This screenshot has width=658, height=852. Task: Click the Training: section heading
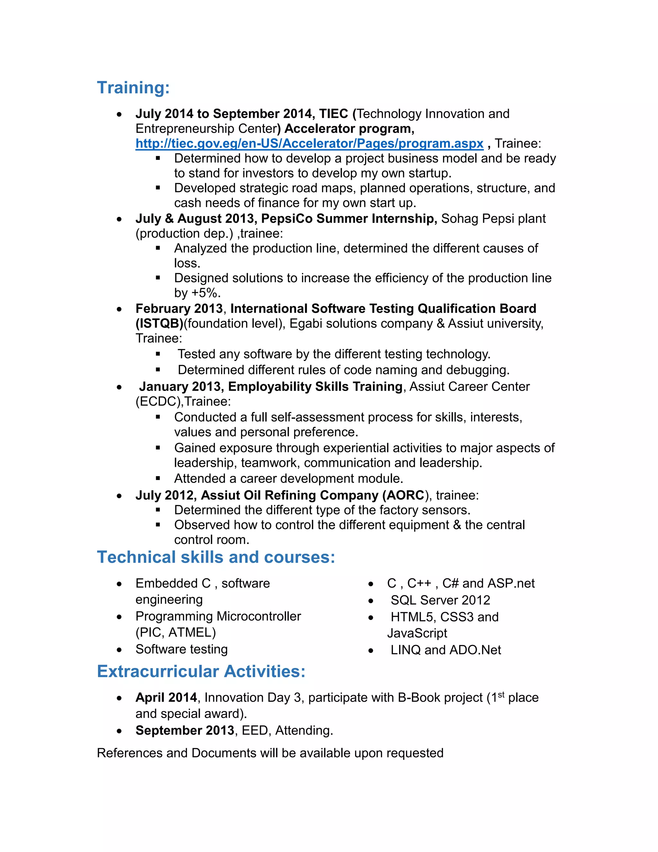(133, 88)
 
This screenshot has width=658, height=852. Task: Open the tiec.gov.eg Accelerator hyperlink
(309, 144)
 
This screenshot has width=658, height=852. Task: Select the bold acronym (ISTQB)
(159, 323)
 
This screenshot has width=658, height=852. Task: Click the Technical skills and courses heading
(216, 557)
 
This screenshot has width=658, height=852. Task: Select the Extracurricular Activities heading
(201, 671)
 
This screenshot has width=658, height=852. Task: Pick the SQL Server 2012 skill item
(440, 600)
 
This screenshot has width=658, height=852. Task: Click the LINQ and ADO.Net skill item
(446, 650)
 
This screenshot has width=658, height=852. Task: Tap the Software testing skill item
(181, 649)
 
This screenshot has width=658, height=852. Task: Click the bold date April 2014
(166, 698)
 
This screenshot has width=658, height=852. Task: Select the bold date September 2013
(185, 730)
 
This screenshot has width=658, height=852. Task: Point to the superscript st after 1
(501, 694)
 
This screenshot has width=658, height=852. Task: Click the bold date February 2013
(179, 309)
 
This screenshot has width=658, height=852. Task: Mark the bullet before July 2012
(119, 496)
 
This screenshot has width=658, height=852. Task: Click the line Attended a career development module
(289, 478)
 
